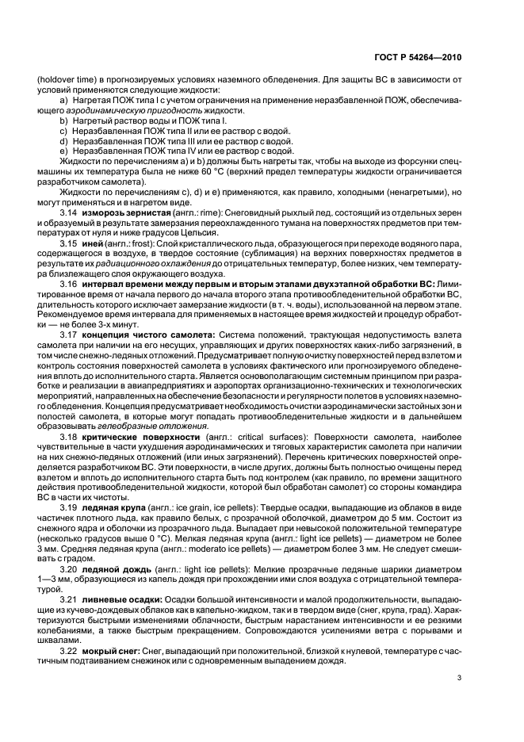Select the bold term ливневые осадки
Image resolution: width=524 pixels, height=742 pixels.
(118, 599)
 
